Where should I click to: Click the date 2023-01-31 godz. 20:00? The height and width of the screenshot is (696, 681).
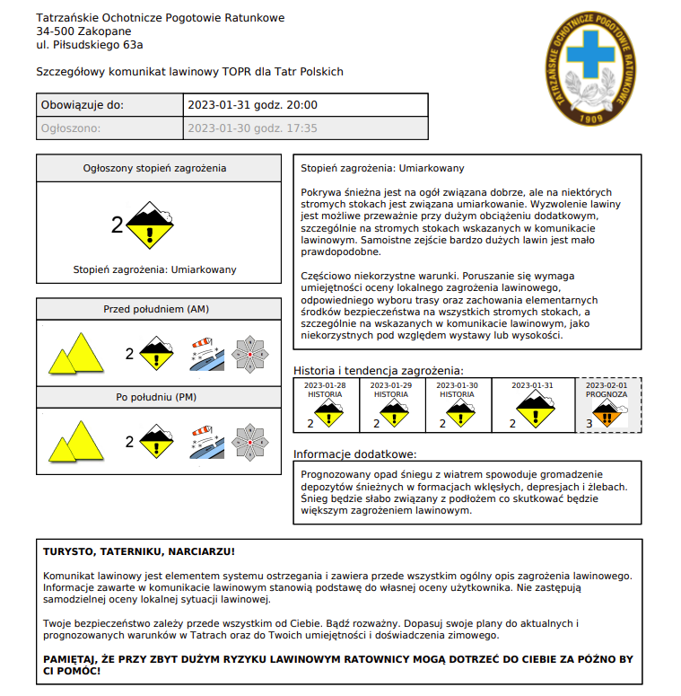(252, 105)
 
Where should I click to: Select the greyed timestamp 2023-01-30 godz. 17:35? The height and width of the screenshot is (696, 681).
(252, 128)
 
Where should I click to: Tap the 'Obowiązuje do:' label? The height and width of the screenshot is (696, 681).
(83, 105)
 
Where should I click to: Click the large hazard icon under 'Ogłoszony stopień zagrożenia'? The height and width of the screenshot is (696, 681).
(150, 225)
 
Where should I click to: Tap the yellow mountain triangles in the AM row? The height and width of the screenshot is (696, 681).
(76, 354)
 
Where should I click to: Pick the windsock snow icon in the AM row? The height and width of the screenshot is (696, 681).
(206, 354)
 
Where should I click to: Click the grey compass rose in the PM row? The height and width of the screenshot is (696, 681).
(250, 441)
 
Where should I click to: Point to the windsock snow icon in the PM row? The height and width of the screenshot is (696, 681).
(206, 441)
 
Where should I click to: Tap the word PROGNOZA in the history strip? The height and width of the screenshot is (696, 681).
(607, 394)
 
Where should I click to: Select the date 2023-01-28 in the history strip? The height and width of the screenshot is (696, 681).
(326, 385)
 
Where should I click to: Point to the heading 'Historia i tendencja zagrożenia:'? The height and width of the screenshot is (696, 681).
(379, 370)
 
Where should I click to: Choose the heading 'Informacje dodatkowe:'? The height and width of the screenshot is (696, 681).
(354, 454)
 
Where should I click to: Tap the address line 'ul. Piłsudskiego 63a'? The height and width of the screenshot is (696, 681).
(90, 44)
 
